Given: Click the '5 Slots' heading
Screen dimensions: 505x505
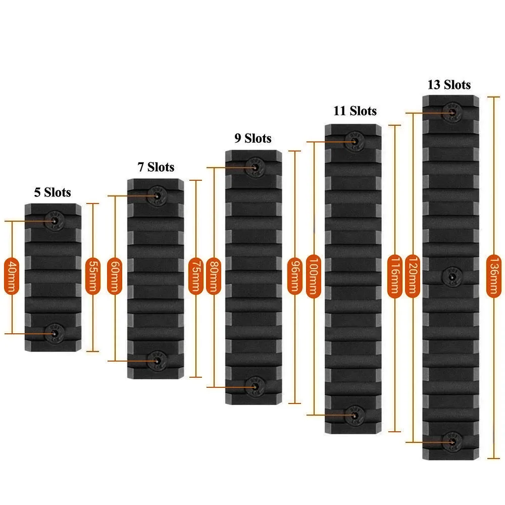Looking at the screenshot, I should [53, 192].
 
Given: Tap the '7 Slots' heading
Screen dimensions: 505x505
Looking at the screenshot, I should [156, 167].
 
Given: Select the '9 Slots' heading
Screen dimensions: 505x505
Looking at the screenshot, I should [252, 138].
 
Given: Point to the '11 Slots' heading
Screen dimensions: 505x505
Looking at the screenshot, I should [355, 111].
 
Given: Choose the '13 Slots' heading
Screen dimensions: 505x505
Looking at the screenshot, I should [449, 84].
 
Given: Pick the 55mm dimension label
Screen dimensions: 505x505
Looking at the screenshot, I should [92, 276].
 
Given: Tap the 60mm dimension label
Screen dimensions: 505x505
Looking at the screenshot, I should [116, 276].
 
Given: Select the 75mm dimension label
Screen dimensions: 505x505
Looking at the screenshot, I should [195, 276].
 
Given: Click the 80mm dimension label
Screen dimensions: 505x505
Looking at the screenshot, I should [214, 276].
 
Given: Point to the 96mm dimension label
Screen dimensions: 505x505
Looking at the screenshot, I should [294, 276].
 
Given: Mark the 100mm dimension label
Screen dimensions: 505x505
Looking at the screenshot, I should [313, 276].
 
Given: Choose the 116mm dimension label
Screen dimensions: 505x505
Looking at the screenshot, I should [394, 276].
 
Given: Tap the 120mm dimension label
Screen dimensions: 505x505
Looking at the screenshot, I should [413, 276].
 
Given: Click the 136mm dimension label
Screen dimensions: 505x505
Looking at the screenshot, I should [494, 276].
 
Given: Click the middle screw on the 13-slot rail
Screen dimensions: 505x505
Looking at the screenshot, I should [451, 276].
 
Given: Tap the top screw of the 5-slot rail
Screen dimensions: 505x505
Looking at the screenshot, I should [53, 220].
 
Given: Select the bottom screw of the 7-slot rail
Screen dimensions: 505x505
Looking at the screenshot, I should [156, 360].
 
